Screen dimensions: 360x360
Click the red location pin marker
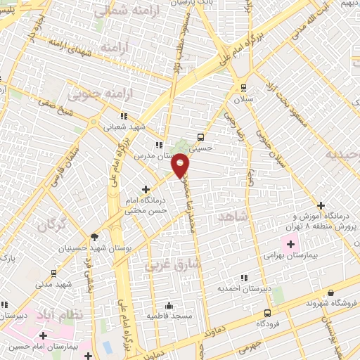181,166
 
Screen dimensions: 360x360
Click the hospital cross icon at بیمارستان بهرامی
290,243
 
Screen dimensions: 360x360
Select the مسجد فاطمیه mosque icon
169,305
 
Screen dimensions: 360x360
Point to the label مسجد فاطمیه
169,316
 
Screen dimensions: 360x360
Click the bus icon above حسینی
201,137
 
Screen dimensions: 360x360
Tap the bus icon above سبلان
244,88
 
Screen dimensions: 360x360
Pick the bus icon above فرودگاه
267,313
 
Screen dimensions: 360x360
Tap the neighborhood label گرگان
51,226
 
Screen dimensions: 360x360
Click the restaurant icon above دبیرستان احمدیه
244,278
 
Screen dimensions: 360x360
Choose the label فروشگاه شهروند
333,303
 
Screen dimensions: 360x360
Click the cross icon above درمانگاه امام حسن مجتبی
146,189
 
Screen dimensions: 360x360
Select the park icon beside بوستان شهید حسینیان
95,237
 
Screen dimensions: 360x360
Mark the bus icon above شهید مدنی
55,273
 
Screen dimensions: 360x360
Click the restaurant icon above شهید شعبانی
124,116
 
